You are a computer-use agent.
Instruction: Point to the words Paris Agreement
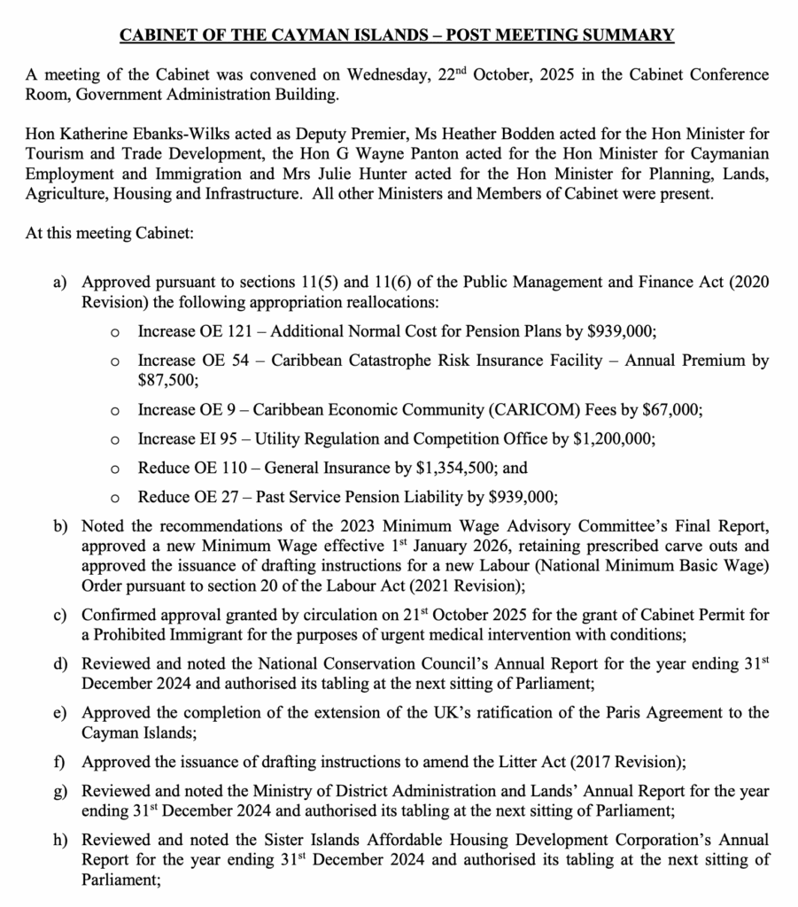point(614,712)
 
